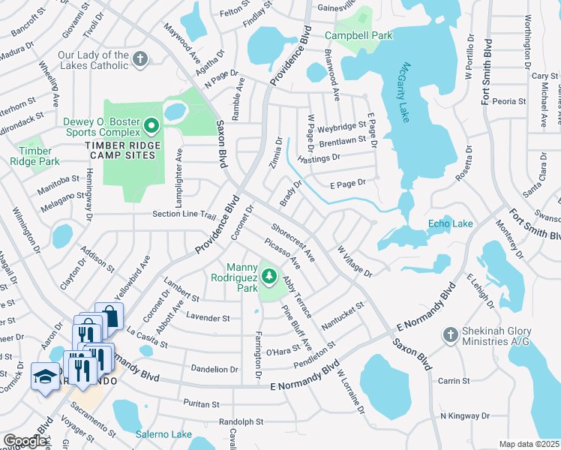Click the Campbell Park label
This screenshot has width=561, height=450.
pyautogui.click(x=359, y=35)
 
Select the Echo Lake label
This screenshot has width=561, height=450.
pyautogui.click(x=450, y=223)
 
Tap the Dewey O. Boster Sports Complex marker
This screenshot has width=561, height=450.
pyautogui.click(x=151, y=125)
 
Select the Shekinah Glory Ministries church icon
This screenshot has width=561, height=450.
pyautogui.click(x=449, y=334)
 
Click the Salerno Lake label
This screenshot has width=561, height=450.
pyautogui.click(x=163, y=434)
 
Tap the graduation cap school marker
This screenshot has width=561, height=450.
pyautogui.click(x=45, y=376)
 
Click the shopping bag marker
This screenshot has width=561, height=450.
pyautogui.click(x=109, y=316)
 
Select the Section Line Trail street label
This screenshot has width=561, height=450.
pyautogui.click(x=184, y=214)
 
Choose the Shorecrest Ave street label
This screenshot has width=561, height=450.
pyautogui.click(x=292, y=241)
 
